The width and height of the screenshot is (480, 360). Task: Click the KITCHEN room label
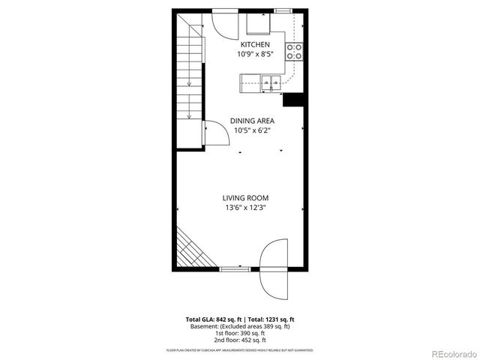(255, 44)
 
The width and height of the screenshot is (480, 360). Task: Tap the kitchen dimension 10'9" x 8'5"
(255, 54)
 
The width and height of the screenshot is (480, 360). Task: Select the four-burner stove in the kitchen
(295, 51)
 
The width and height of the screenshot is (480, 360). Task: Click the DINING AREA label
(251, 120)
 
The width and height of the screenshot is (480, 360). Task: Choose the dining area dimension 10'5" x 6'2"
(251, 130)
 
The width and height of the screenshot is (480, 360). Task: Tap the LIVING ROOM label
(245, 198)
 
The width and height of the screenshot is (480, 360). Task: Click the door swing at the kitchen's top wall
(224, 22)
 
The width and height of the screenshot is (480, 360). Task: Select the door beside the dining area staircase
(215, 135)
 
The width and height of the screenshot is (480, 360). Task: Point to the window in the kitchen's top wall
(284, 10)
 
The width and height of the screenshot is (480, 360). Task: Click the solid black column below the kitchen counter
(292, 100)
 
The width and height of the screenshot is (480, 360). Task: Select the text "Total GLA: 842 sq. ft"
(214, 319)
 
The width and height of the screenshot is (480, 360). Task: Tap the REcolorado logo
(452, 353)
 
